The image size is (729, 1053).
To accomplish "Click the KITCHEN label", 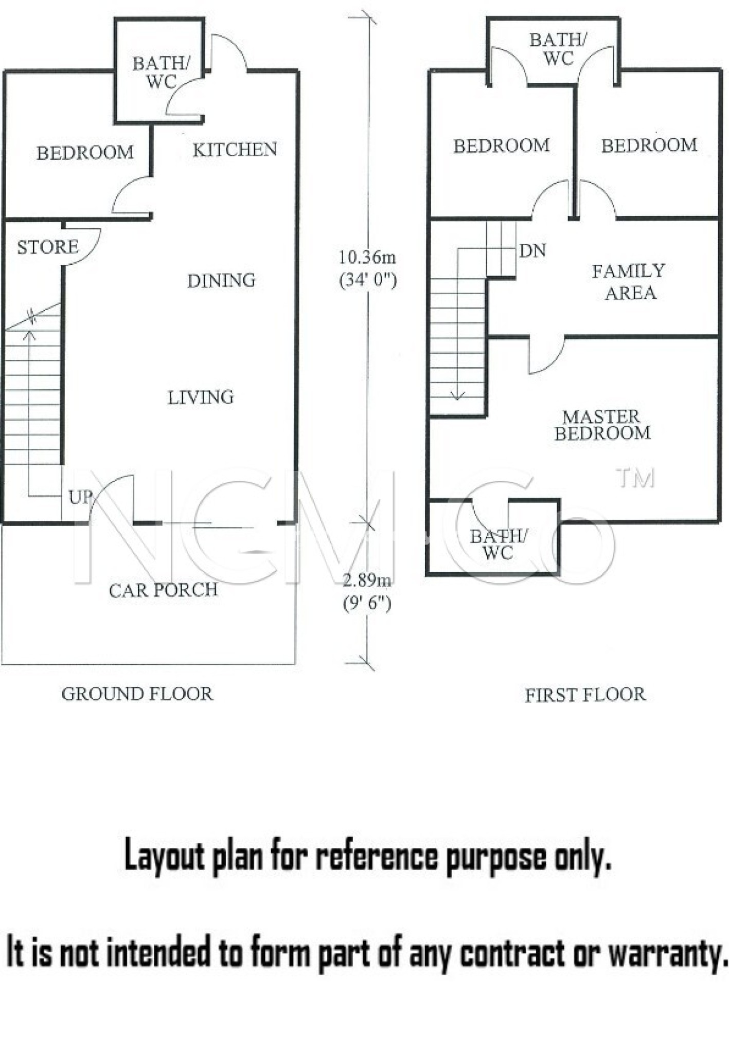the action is point(235,150).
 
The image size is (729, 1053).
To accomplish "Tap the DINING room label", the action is point(221,280).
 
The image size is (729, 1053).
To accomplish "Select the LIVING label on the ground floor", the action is point(201,397).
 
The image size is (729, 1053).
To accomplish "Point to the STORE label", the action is point(48,247).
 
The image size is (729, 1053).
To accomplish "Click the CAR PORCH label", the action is point(163,590).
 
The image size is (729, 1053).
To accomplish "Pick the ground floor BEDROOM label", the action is point(85,153).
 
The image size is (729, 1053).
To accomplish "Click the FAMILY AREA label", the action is point(629,282).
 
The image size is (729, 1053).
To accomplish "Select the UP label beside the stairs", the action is point(80,497).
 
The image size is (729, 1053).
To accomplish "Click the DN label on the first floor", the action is point(532,251).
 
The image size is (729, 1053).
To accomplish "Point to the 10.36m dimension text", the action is point(367,257).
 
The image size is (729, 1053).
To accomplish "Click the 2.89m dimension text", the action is point(367,580).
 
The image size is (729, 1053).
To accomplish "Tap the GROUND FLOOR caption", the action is point(137,694).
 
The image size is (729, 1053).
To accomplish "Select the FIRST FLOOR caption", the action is point(585,695).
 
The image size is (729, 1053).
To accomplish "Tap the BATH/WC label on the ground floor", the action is point(162,72).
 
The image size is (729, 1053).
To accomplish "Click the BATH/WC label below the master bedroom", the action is point(498,544).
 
